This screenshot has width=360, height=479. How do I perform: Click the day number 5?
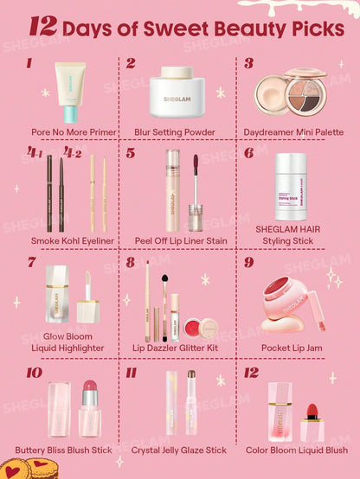click(131, 153)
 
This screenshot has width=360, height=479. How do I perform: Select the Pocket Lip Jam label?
click(294, 348)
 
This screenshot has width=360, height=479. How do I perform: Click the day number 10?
click(34, 373)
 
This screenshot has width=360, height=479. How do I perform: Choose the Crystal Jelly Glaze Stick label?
click(179, 450)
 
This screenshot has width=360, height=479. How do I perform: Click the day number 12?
click(251, 373)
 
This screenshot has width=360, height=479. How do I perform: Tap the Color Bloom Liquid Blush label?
click(297, 450)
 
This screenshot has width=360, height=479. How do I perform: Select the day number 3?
click(248, 63)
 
